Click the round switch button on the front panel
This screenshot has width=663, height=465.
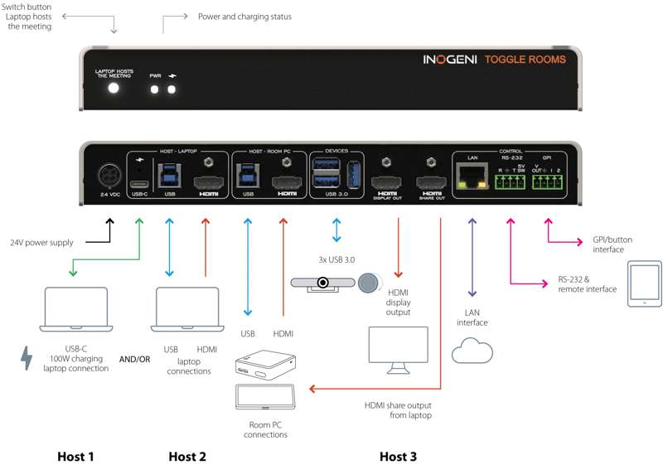[114, 87]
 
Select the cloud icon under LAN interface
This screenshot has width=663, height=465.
[472, 351]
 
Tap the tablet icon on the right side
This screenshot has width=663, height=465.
[644, 283]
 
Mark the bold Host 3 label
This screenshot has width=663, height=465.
[399, 456]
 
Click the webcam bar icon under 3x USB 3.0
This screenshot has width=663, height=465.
[321, 282]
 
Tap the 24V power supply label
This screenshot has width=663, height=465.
[44, 243]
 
